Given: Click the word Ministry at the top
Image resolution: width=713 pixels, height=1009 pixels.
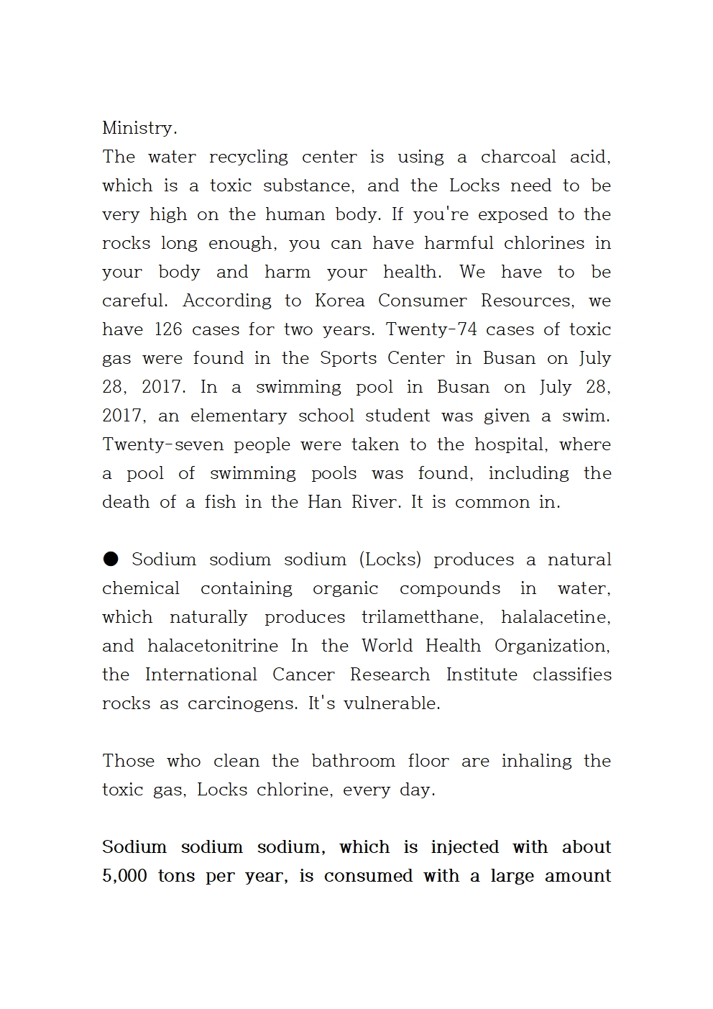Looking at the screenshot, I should (x=139, y=128).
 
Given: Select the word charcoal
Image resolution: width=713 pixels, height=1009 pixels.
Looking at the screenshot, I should (x=518, y=157).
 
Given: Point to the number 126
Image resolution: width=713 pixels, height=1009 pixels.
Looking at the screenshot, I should (x=169, y=329).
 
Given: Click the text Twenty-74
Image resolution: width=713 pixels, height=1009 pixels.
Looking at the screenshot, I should (x=428, y=329).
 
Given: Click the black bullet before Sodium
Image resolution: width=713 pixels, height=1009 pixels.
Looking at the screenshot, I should (x=111, y=559).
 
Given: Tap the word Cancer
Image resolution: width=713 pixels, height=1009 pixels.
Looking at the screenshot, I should (x=303, y=675).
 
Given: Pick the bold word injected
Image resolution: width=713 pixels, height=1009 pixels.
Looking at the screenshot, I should (x=464, y=847).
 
